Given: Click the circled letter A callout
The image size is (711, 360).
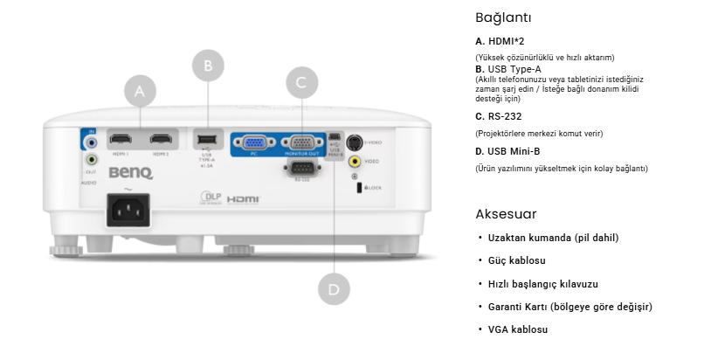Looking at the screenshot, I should pos(140,91).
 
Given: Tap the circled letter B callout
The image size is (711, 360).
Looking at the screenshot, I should pos(208,65).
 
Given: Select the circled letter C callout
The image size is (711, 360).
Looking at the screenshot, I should pos(301,82).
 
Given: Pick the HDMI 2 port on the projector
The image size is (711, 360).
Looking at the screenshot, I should pos(160,138).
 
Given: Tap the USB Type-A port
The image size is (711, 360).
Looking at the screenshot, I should pos(207,139).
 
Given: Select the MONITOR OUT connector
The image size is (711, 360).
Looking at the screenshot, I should pos(302,144).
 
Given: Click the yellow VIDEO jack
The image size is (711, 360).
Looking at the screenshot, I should pos(355,162).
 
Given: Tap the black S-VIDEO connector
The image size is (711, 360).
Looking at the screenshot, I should pos(355,142).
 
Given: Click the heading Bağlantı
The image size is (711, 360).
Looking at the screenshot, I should pos(503,17).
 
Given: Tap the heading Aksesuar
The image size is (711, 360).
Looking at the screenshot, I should pos(506,214).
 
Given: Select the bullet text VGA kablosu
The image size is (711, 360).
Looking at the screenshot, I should pos(517,329).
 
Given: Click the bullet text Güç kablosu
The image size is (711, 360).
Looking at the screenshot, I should pos(516,260).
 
